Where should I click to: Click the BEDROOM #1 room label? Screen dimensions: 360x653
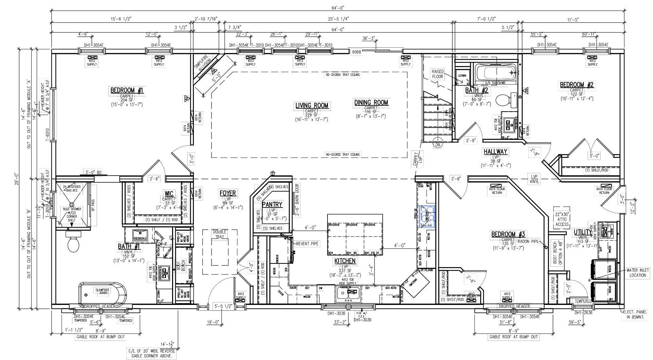127,91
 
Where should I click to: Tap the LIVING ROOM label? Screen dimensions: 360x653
312,105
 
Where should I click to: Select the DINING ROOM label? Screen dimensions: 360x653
371,102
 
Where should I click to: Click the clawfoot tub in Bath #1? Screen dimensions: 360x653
103,292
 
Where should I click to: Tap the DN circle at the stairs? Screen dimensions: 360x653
437,145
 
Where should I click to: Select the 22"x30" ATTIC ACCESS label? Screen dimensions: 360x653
562,219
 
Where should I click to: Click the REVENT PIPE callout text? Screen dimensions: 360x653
307,244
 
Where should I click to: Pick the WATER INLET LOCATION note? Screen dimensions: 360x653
637,273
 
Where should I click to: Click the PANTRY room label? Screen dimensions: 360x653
272,204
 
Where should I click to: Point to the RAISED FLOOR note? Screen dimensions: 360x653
437,74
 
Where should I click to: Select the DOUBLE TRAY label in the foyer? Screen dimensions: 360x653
220,234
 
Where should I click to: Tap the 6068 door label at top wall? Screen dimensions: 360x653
356,52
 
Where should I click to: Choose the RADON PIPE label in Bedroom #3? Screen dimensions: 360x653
528,242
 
